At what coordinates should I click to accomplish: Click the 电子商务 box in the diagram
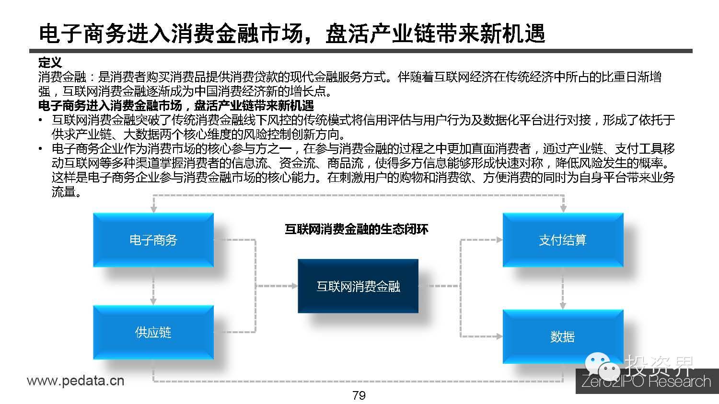tap(153, 240)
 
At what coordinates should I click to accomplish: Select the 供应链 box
tap(153, 332)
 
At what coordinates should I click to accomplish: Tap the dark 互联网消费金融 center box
tap(358, 286)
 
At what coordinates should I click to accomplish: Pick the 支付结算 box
tap(563, 240)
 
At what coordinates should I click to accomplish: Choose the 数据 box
tap(563, 337)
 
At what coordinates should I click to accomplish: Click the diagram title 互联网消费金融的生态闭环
tap(357, 229)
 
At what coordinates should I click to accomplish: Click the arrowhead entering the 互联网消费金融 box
tap(294, 286)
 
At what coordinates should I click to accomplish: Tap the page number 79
tap(359, 395)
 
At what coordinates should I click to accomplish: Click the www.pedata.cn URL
tap(75, 381)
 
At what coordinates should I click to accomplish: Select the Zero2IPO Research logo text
tap(646, 382)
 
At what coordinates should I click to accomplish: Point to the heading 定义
tap(50, 62)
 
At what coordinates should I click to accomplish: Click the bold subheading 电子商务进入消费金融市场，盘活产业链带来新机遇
tap(176, 105)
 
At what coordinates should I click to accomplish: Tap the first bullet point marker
tap(41, 121)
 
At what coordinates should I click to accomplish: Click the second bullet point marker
tap(41, 149)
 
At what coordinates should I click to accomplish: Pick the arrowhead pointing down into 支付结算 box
tap(563, 209)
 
